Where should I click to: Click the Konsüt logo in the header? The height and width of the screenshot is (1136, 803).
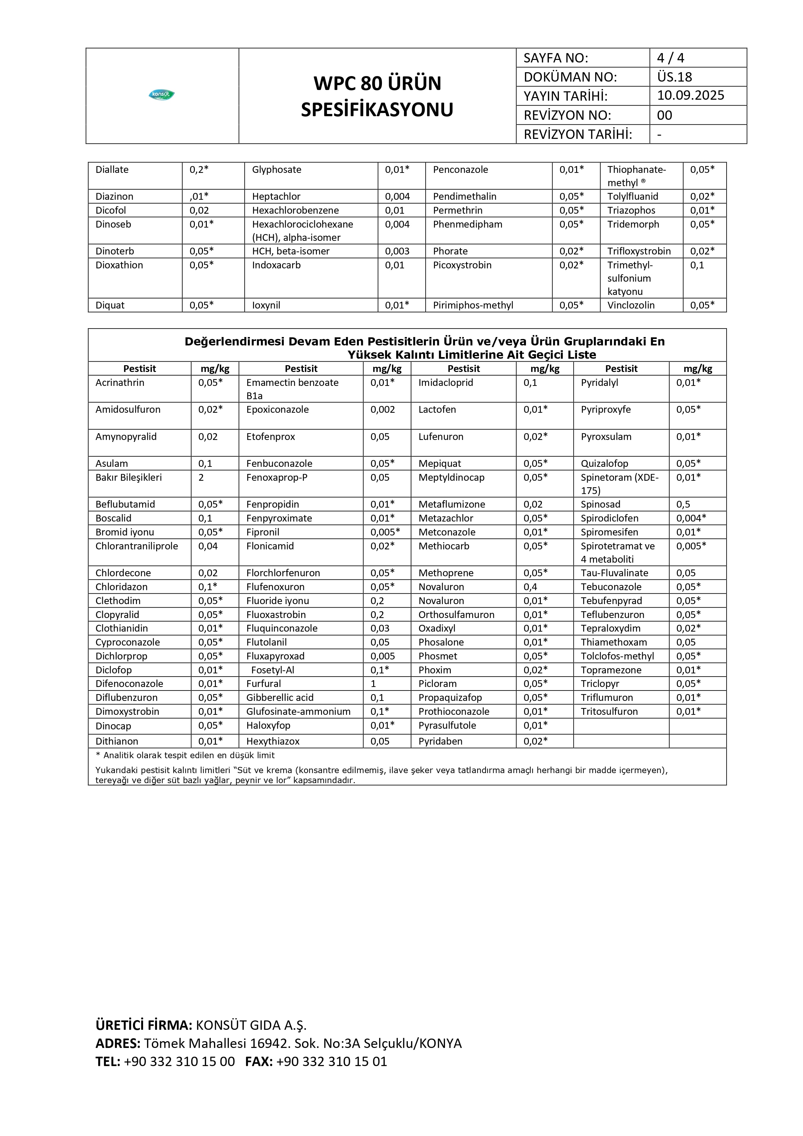tap(162, 94)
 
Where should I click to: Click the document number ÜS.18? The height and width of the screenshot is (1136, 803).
tap(675, 77)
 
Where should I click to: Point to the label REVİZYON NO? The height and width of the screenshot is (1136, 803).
tap(567, 115)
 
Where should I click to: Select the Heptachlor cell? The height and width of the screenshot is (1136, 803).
tap(276, 197)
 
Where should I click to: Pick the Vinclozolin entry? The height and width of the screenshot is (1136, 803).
tap(631, 305)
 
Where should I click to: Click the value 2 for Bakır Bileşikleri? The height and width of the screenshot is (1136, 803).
tap(201, 478)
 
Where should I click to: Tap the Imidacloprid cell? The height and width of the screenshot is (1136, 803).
tap(446, 382)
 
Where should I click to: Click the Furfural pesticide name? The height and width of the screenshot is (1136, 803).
tap(263, 684)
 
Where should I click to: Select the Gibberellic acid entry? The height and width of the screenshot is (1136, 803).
tap(280, 698)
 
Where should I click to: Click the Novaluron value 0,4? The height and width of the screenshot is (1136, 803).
tap(530, 587)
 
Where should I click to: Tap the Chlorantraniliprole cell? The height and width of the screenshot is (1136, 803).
tap(137, 546)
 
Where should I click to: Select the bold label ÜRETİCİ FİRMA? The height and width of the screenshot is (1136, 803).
tap(143, 1024)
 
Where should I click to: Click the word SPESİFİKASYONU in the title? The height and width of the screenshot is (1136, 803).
tap(377, 110)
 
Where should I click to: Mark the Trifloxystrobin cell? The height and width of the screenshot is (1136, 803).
tap(639, 251)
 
